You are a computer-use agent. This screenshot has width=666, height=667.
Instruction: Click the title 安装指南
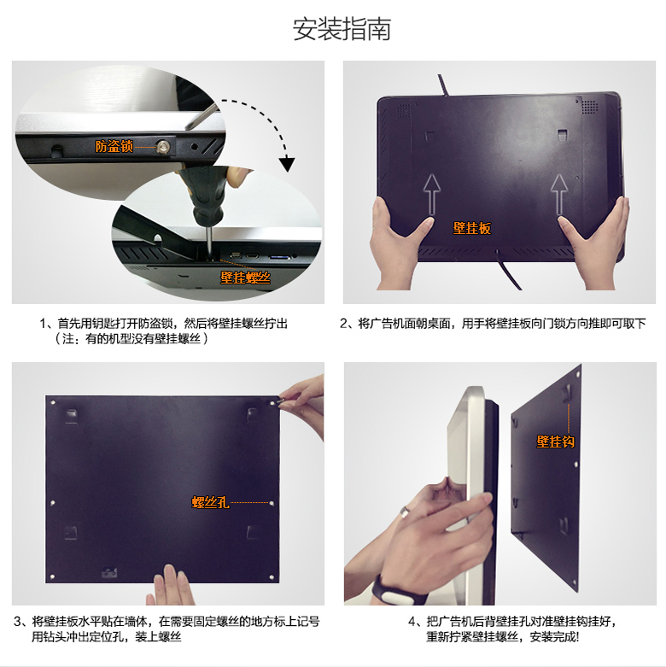[342, 29]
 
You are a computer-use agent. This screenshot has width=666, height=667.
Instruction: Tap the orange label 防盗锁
[114, 146]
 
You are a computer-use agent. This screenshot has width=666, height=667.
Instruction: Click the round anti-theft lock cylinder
[162, 147]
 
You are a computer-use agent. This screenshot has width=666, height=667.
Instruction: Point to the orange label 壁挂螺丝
[245, 278]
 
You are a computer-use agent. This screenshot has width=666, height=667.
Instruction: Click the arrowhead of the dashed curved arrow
[287, 163]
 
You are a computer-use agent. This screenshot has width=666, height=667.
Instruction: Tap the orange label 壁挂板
[472, 228]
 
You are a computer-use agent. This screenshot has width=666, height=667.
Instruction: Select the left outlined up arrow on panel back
[432, 195]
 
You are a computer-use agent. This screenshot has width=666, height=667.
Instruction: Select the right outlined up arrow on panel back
[559, 195]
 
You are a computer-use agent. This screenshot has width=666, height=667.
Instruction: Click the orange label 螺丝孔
[211, 502]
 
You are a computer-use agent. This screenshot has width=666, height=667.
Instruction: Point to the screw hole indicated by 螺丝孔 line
[272, 503]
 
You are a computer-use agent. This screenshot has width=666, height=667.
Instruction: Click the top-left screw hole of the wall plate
[53, 402]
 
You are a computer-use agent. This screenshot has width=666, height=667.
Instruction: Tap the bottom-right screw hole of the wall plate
[272, 577]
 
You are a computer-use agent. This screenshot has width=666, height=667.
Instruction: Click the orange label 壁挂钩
[555, 442]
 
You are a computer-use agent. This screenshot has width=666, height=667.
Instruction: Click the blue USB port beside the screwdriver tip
[280, 257]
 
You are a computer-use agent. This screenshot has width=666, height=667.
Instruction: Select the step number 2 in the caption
[343, 324]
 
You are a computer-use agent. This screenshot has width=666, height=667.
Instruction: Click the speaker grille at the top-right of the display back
[589, 107]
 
